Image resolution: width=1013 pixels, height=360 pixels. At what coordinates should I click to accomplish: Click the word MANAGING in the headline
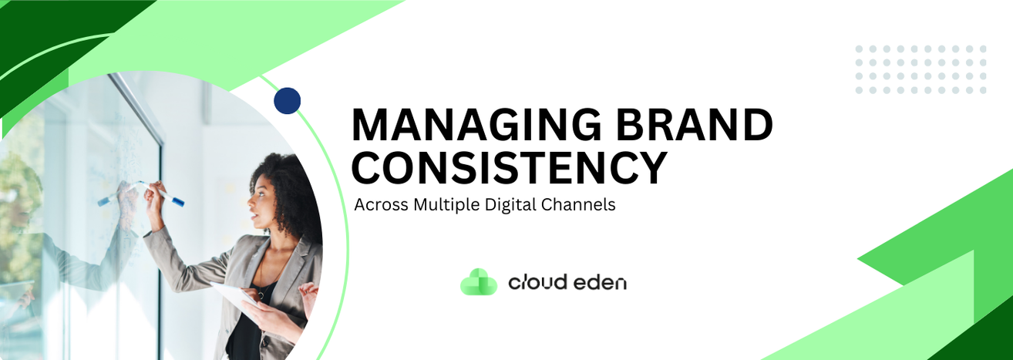click(476, 124)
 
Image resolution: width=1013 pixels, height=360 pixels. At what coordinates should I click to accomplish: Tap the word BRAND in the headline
click(694, 124)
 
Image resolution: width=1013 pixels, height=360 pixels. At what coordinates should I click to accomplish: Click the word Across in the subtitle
click(382, 205)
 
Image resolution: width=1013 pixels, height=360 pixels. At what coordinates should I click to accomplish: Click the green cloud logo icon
click(479, 282)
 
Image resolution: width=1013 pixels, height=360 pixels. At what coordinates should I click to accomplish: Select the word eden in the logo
click(600, 283)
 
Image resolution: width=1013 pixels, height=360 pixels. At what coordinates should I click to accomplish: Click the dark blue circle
click(287, 100)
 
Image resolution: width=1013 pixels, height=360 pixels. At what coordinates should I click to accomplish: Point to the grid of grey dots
click(920, 69)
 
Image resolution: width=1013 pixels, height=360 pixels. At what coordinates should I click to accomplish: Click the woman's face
click(261, 206)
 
